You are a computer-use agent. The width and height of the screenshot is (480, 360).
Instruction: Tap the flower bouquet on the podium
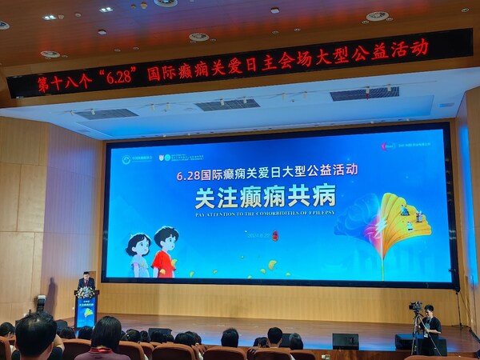coord(85,293)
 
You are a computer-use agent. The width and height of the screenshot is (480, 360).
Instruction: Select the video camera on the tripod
coord(415,306)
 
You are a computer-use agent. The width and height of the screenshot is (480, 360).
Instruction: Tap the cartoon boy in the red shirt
coord(164,251)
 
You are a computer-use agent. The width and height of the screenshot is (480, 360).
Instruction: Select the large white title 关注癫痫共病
coord(265,194)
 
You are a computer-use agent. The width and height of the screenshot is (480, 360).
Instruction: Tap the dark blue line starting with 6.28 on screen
coord(267,170)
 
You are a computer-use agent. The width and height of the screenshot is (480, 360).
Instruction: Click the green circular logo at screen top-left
coord(126,159)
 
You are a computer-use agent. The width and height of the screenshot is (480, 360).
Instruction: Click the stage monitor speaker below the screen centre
coord(345,341)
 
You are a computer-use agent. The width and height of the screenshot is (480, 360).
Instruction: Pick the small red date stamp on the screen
coord(274,236)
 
